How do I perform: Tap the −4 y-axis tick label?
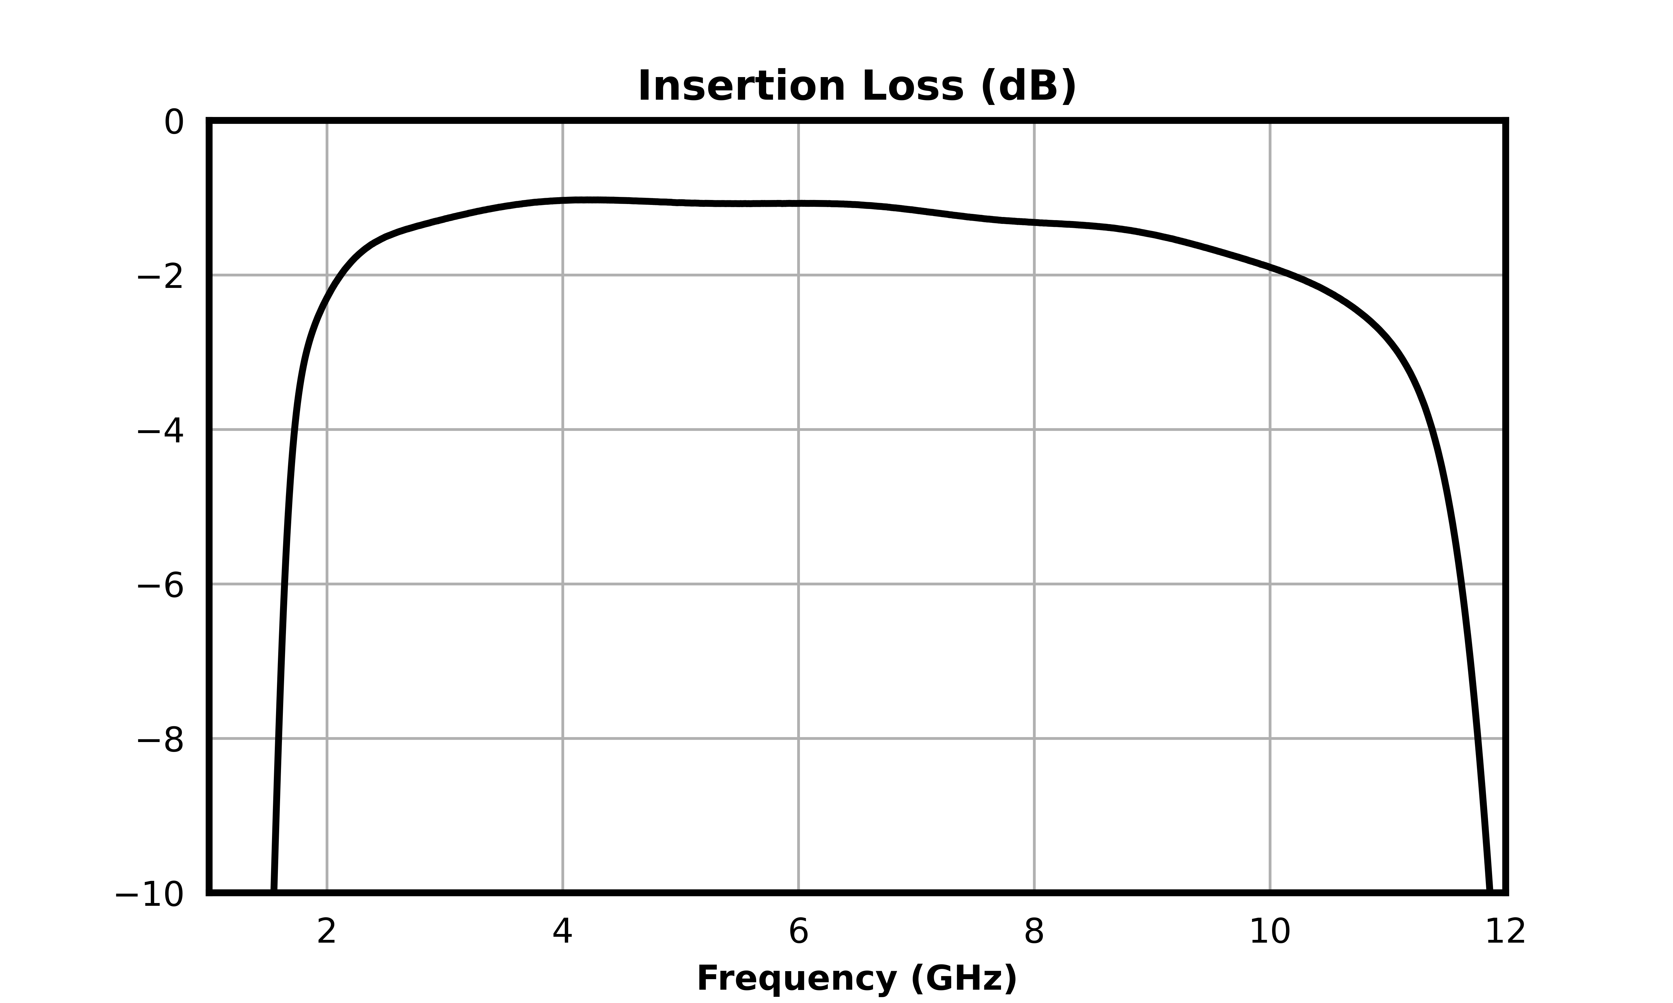160,431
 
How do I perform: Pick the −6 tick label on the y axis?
160,585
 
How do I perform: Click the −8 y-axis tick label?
160,740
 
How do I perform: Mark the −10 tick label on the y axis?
149,896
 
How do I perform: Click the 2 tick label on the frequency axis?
327,933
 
